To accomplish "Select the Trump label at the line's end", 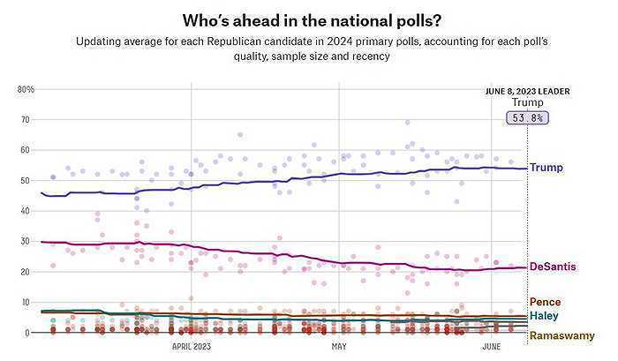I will point(546,168).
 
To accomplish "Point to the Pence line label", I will point(545,302).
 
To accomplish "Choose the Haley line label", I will point(543,315).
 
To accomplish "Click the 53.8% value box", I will point(527,117).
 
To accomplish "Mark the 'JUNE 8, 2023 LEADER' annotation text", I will point(528,91).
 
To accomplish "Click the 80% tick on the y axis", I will point(26,89).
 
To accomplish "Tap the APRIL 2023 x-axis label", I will point(192,348).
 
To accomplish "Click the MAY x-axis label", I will point(339,348).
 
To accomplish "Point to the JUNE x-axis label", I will point(491,348).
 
